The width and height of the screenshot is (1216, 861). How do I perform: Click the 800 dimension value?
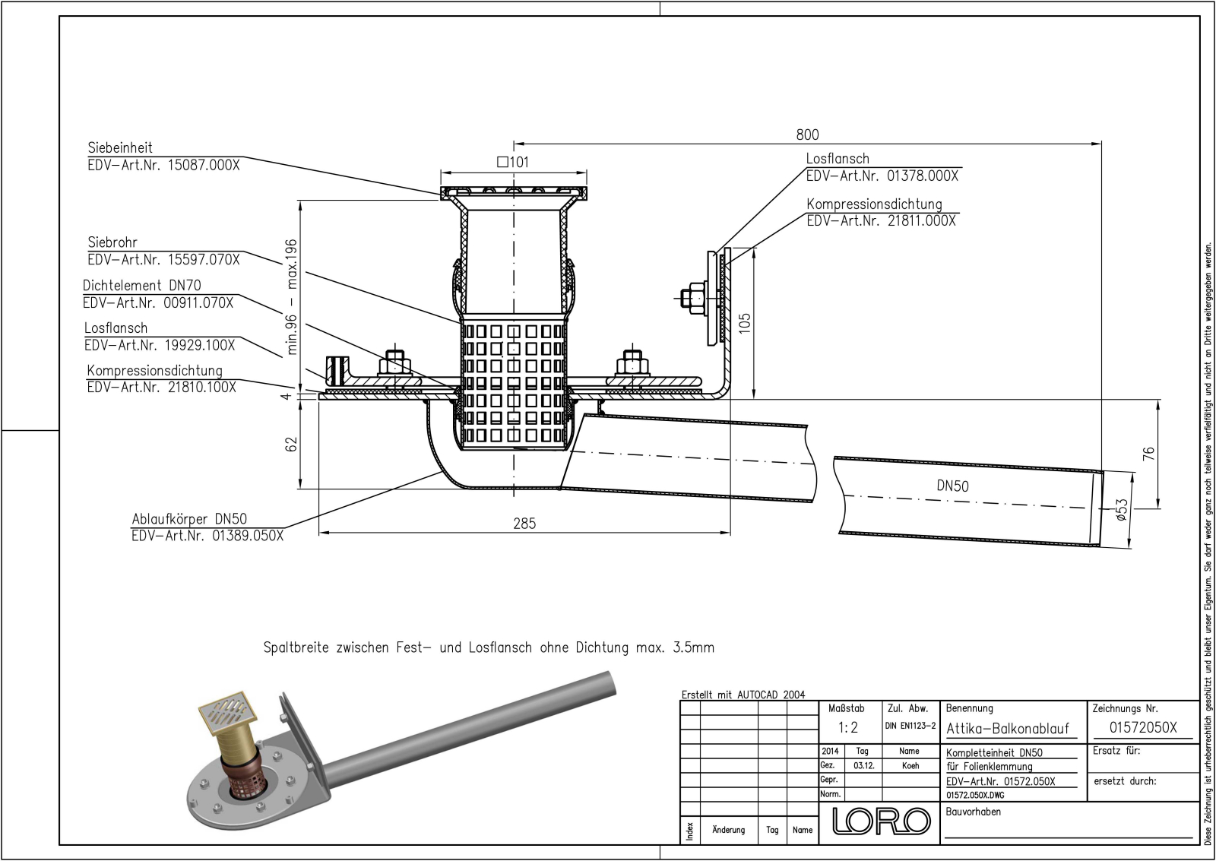tap(807, 135)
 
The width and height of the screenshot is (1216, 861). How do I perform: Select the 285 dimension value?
tap(524, 524)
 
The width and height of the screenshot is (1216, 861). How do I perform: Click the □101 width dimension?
tap(512, 162)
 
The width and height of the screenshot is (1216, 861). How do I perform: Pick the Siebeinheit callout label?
tap(120, 148)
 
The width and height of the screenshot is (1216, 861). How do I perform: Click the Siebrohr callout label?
tap(112, 243)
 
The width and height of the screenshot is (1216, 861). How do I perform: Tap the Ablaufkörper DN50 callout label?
tap(189, 519)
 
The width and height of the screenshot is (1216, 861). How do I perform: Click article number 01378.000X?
tap(923, 176)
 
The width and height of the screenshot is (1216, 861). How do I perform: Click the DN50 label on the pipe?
tap(952, 486)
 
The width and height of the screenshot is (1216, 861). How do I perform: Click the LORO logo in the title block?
tap(882, 821)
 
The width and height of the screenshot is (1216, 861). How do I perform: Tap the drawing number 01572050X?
tap(1142, 727)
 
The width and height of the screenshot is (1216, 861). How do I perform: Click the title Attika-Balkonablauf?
tap(1008, 728)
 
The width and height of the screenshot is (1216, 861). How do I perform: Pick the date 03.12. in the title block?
tap(863, 766)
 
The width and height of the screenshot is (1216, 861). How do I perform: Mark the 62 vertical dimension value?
tap(291, 444)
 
